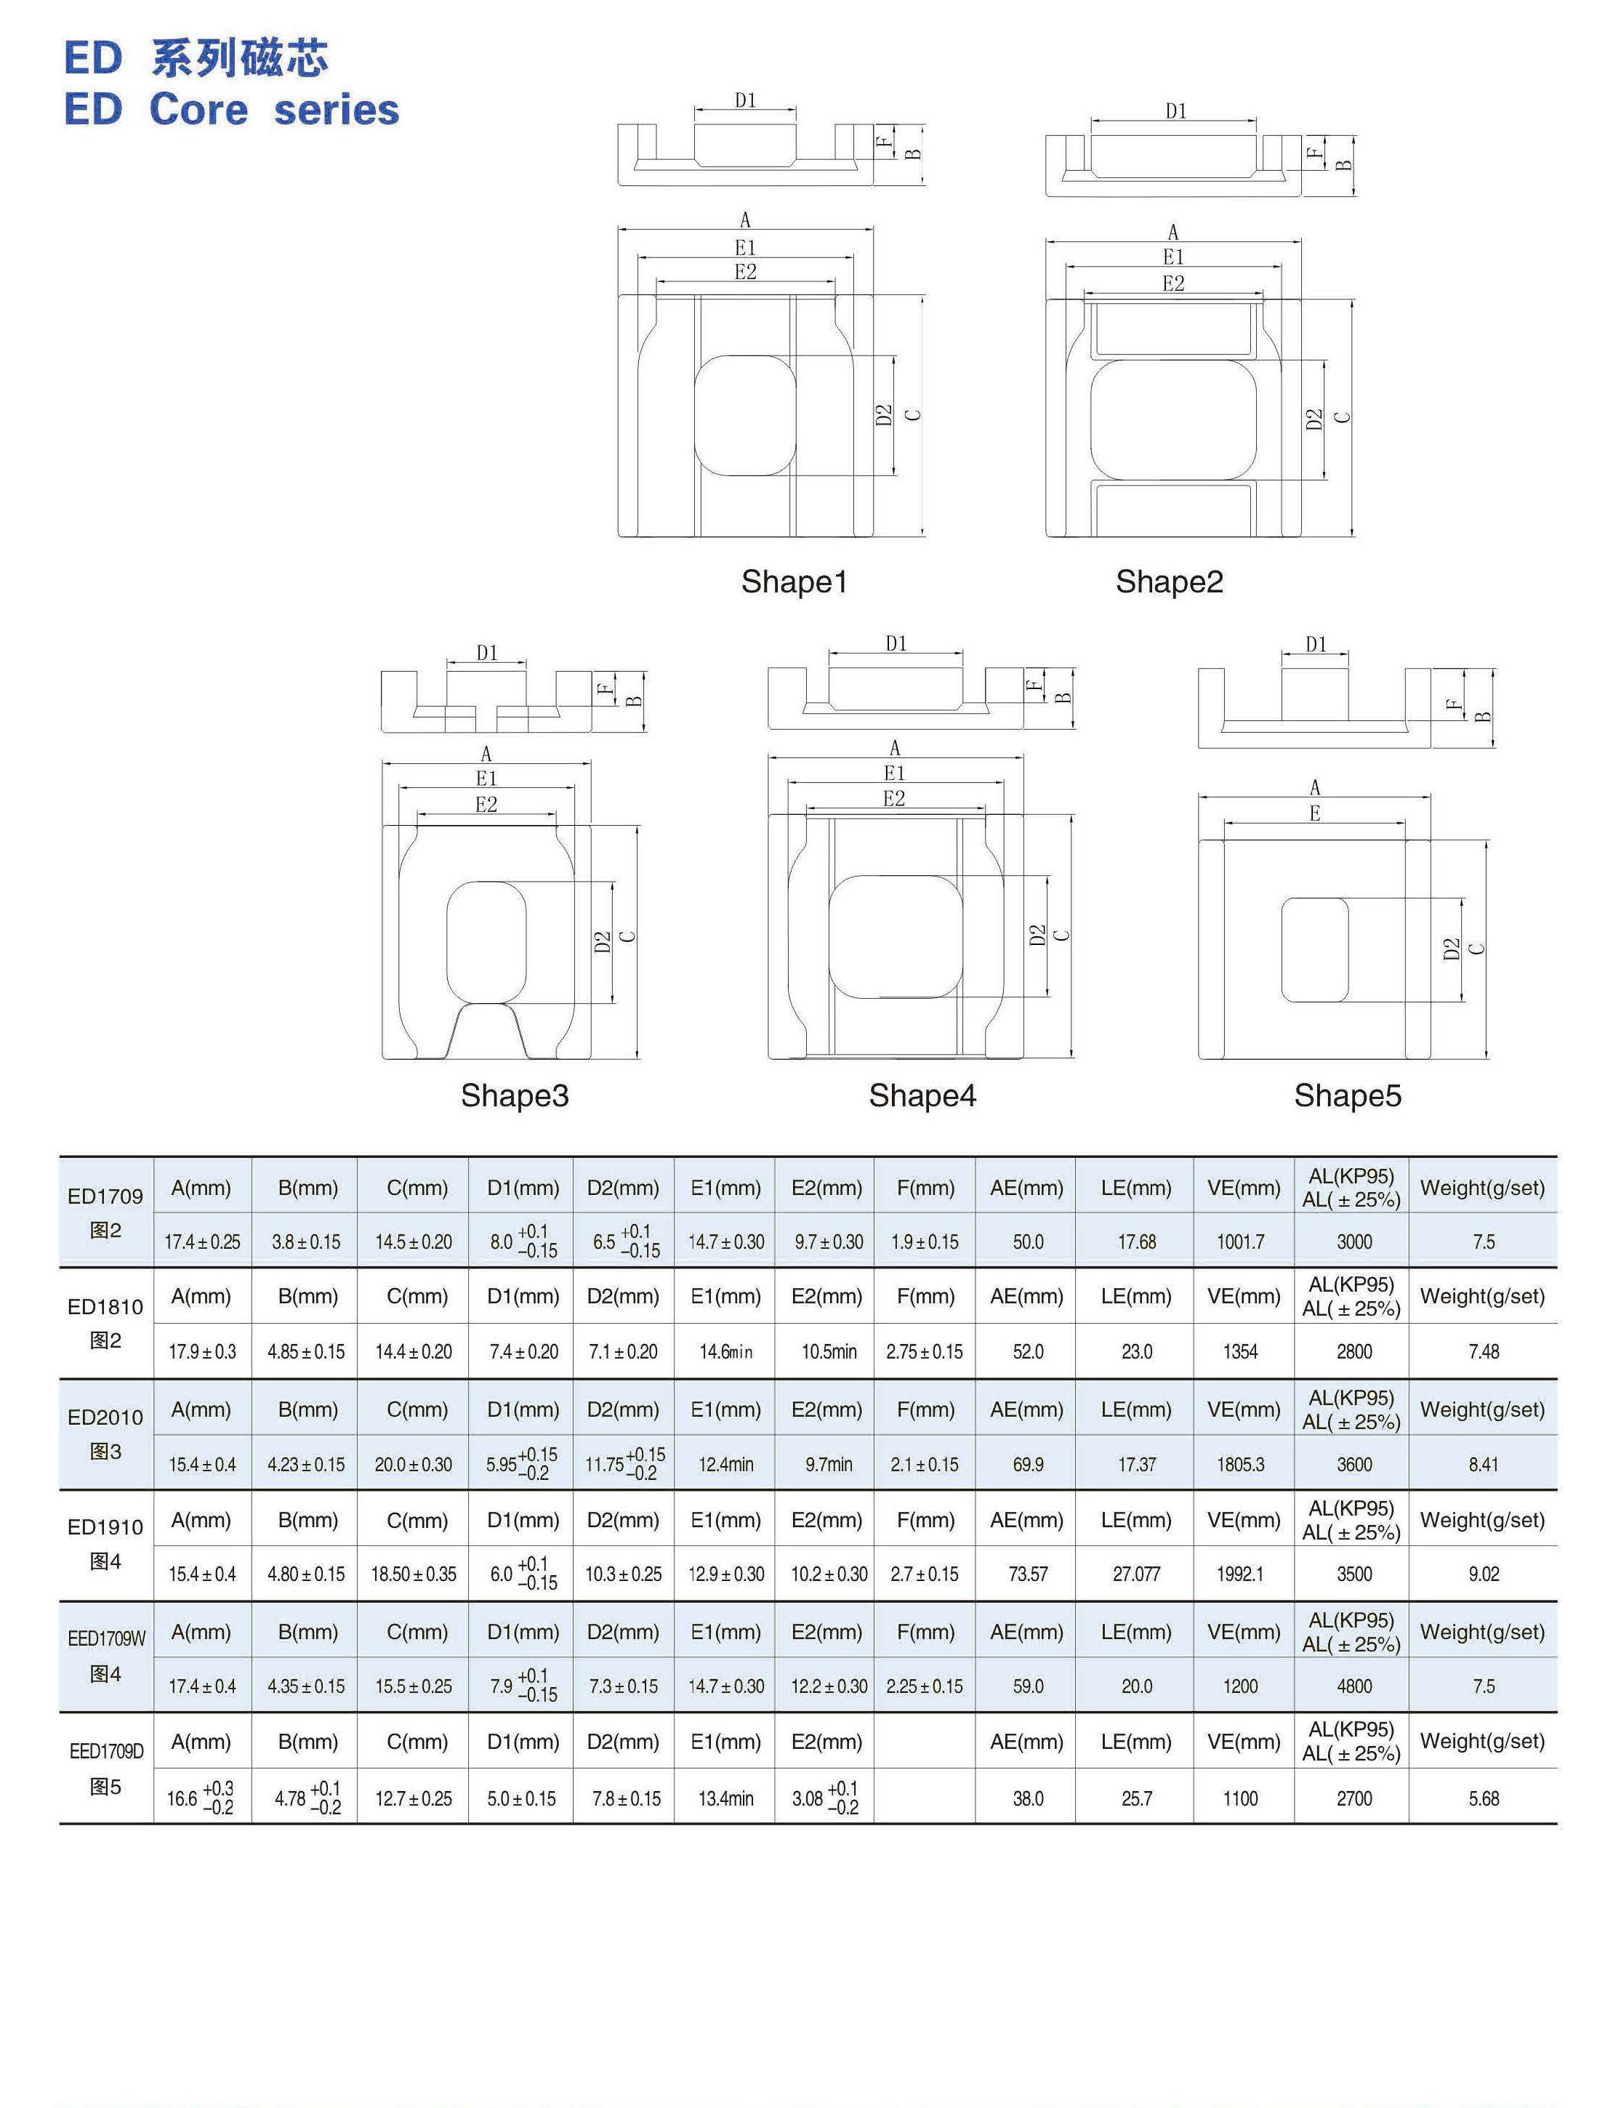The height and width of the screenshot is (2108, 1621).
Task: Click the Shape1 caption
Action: (x=794, y=582)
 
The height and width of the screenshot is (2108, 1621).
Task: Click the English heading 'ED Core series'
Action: (x=232, y=109)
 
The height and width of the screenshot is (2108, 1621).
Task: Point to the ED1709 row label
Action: (x=105, y=1196)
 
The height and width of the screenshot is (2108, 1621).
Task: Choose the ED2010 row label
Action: (x=105, y=1417)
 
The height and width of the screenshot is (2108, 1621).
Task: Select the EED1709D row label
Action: (x=106, y=1751)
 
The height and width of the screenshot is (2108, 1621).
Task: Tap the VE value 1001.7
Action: (x=1240, y=1242)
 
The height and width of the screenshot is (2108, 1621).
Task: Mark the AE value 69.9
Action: (x=1028, y=1465)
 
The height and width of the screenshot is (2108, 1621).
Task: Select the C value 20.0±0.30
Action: (x=413, y=1465)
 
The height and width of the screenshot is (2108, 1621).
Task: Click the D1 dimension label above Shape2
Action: (x=1175, y=111)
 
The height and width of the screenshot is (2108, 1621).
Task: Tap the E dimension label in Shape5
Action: (x=1314, y=813)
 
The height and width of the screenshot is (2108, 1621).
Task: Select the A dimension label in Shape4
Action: (x=894, y=748)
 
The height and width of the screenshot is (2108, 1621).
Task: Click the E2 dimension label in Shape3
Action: (x=486, y=804)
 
